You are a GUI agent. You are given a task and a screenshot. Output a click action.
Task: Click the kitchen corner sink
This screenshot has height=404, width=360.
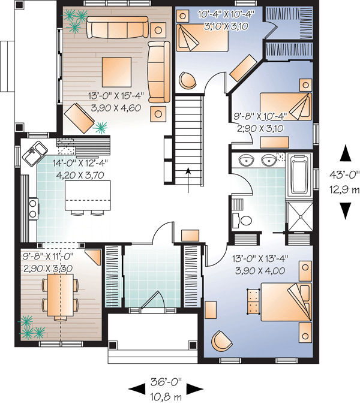pyautogui.click(x=35, y=153)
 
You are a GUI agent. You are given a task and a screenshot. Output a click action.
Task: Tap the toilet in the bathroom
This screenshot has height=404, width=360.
pyautogui.click(x=242, y=221)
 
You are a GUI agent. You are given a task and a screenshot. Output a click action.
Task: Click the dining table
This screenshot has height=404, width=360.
pyautogui.click(x=61, y=296)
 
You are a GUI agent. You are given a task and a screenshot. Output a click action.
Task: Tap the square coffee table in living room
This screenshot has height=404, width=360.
pyautogui.click(x=116, y=72)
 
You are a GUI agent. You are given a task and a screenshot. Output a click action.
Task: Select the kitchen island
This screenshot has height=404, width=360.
pyautogui.click(x=88, y=195)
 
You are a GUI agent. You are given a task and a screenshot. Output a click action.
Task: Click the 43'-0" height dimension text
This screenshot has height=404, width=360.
pyautogui.click(x=344, y=174)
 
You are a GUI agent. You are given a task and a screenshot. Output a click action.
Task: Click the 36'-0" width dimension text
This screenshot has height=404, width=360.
pyautogui.click(x=166, y=382)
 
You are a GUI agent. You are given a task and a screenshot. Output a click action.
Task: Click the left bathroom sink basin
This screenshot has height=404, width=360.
pyautogui.click(x=246, y=161)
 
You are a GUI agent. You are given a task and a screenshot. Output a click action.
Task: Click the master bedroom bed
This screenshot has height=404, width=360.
pyautogui.click(x=286, y=302)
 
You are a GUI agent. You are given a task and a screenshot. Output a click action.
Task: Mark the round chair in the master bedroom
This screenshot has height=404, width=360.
pyautogui.click(x=221, y=340)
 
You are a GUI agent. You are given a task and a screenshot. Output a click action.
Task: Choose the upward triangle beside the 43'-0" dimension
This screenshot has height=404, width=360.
pyautogui.click(x=345, y=153)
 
